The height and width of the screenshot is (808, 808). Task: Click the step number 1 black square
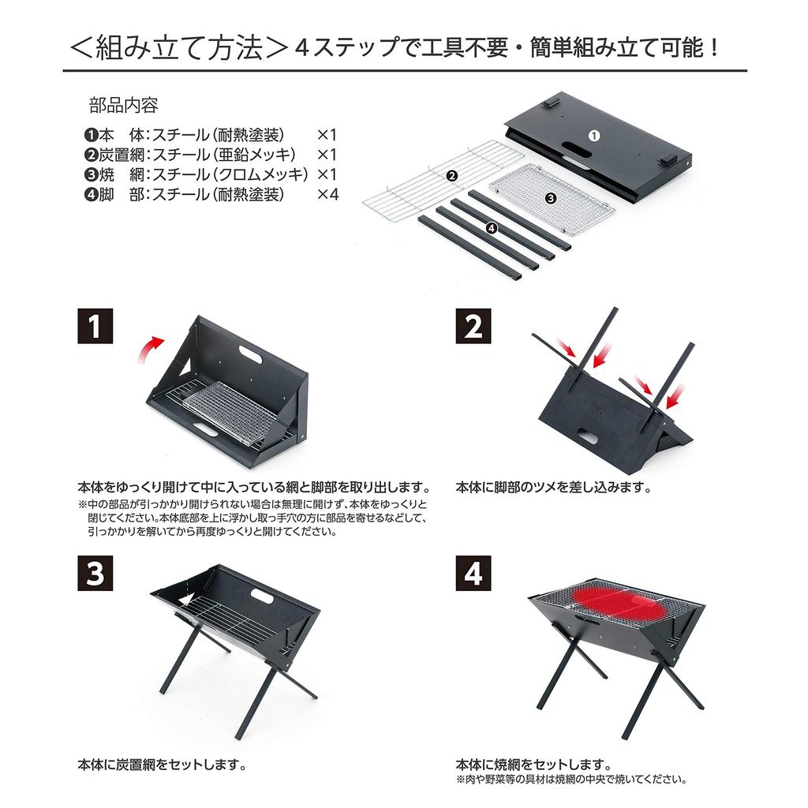pos(95,327)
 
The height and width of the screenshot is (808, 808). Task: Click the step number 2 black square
pos(473,327)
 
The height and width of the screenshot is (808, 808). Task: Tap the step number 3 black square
pos(95,574)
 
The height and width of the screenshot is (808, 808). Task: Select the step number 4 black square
pos(473,574)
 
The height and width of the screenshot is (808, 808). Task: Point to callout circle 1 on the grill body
pos(594,135)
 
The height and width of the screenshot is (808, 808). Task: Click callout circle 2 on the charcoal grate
pos(451,176)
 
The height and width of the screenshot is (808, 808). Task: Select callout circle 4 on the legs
pos(492,229)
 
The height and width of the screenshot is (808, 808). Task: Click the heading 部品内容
pos(124,106)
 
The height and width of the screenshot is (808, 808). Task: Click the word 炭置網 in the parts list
pos(114,154)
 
